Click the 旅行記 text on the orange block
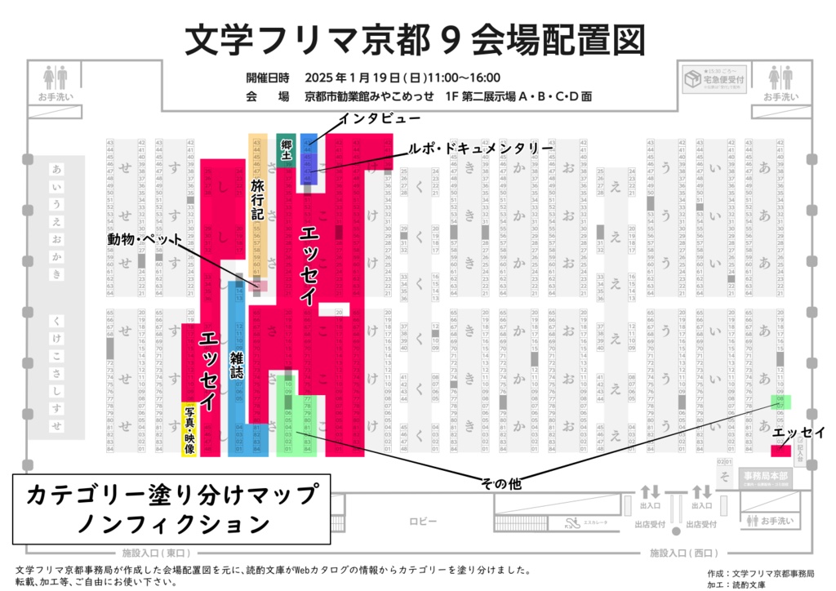click(x=258, y=199)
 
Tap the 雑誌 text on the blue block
click(x=237, y=362)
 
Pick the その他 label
click(x=501, y=482)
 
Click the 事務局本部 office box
click(x=766, y=477)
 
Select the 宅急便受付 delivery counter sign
click(x=714, y=81)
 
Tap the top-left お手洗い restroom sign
click(x=55, y=85)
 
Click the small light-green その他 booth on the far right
click(x=781, y=402)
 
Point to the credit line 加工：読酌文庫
click(x=742, y=584)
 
